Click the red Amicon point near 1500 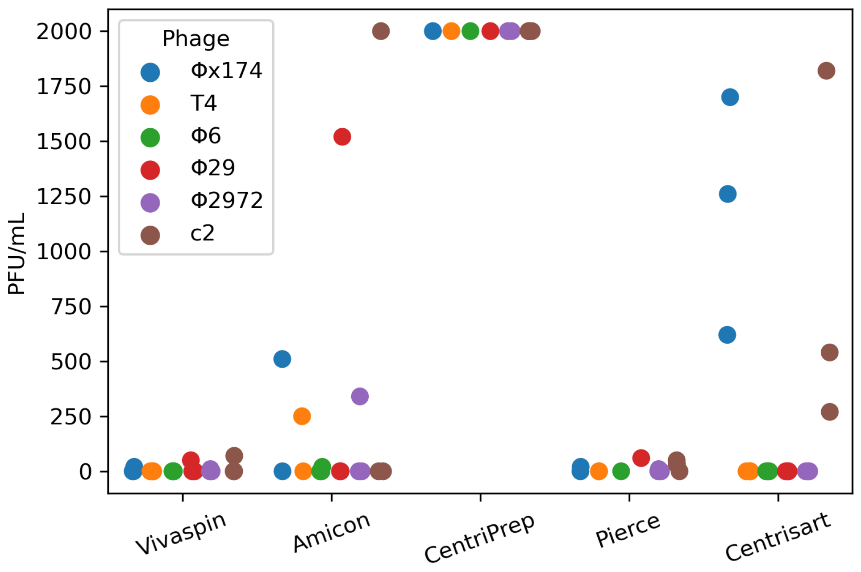click(x=342, y=137)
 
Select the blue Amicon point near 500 click(x=282, y=359)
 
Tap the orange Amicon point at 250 click(x=302, y=416)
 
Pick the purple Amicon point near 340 click(x=360, y=396)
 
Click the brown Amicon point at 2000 click(x=381, y=31)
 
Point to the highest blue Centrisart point click(x=730, y=97)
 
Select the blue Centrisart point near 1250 click(x=728, y=194)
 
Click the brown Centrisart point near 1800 click(x=827, y=71)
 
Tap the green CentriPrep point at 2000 click(x=470, y=31)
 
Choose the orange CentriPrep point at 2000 click(x=452, y=31)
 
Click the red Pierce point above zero click(x=641, y=458)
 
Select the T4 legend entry click(x=204, y=104)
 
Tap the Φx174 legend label click(x=226, y=71)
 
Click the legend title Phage click(x=196, y=39)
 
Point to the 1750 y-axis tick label click(x=64, y=87)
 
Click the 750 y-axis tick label click(x=71, y=307)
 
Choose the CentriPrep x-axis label click(x=479, y=538)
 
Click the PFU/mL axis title click(x=17, y=253)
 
